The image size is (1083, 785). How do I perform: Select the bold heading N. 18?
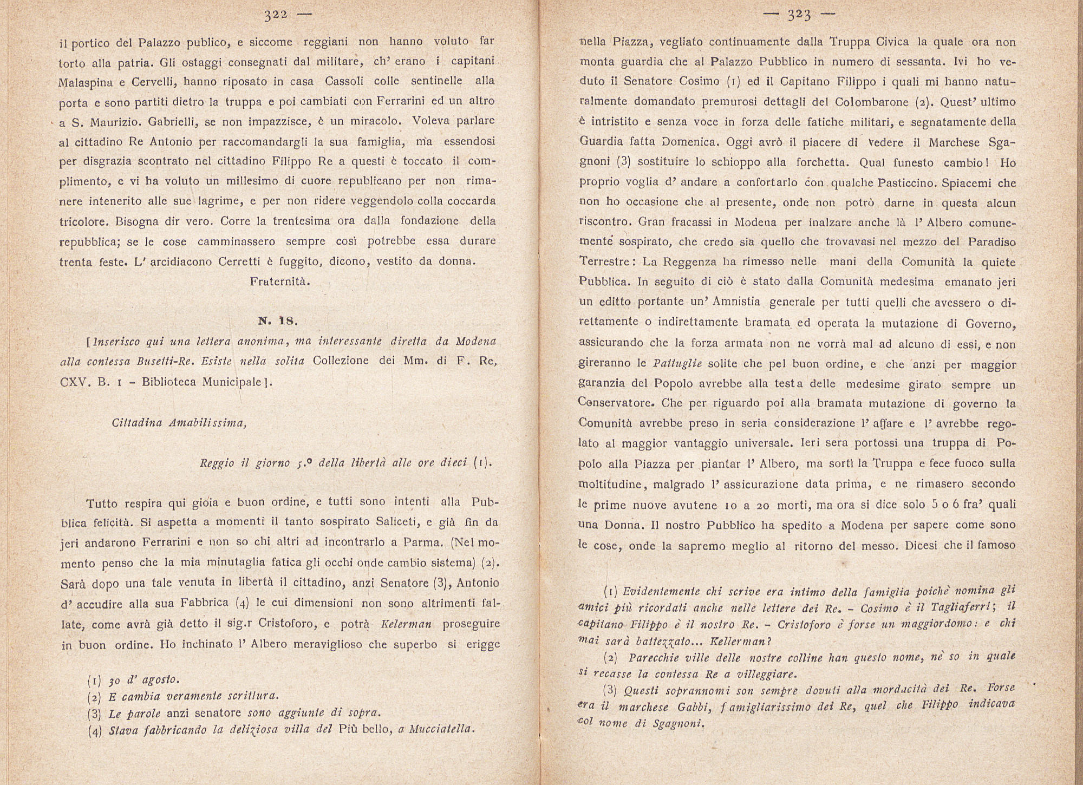278,320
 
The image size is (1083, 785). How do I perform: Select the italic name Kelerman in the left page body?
406,624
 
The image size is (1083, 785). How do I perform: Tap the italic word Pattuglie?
677,364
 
